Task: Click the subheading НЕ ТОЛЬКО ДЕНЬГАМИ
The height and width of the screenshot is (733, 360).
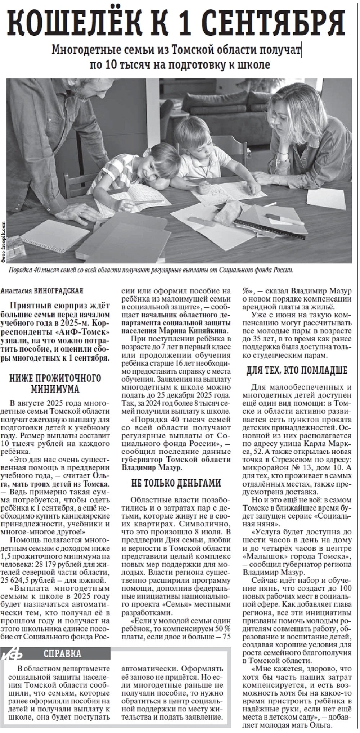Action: coord(176,483)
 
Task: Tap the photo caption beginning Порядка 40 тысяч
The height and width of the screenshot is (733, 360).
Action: coord(151,270)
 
